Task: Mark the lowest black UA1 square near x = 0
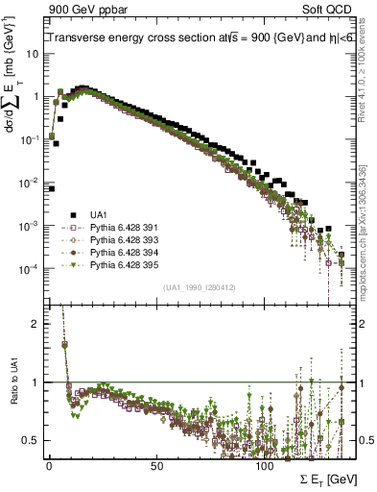click(x=51, y=188)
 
